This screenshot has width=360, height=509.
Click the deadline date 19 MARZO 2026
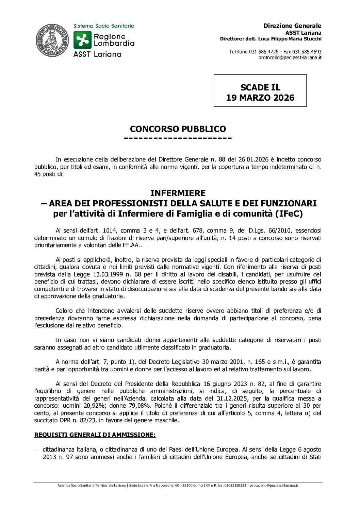coord(260,98)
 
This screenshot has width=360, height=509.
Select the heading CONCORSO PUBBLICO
coord(178,129)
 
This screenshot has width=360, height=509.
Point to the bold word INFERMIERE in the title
coord(178,193)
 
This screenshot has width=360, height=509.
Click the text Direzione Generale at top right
coord(293,26)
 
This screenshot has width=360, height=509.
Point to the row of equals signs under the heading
coord(178,138)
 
